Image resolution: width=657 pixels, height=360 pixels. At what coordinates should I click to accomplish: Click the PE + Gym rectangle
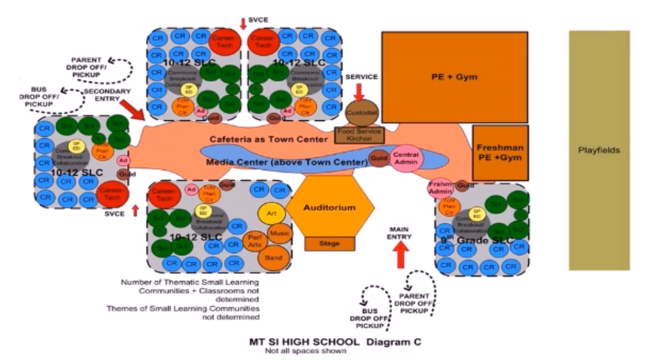[x=454, y=77]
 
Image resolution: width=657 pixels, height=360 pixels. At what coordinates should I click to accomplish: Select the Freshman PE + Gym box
[x=500, y=153]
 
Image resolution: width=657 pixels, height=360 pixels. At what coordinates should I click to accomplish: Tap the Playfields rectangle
[x=599, y=150]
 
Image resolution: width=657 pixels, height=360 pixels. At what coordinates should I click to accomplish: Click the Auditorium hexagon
[x=330, y=208]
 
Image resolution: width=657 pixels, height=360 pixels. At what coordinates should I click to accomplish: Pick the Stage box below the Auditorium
[x=330, y=244]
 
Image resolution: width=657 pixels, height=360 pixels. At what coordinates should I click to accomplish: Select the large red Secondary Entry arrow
[x=134, y=110]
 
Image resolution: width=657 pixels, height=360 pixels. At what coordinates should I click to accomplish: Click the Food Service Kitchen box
[x=360, y=134]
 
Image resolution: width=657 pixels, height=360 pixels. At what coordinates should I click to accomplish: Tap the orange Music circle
[x=280, y=232]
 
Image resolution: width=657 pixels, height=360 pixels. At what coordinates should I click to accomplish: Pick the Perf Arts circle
[x=253, y=241]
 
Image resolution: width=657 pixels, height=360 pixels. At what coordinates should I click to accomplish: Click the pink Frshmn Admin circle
[x=440, y=188]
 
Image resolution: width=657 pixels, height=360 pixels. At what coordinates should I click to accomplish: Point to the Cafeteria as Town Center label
[x=268, y=138]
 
